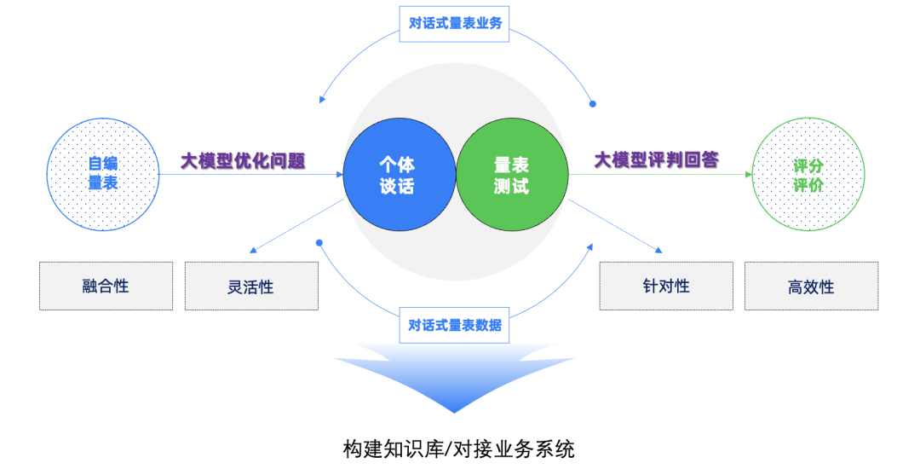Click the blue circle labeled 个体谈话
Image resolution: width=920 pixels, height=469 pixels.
coord(399,175)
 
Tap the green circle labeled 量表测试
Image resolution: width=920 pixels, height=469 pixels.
coord(511,175)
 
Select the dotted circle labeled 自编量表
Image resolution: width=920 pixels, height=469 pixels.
coord(103,174)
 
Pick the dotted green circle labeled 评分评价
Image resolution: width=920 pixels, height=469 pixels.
coord(808,174)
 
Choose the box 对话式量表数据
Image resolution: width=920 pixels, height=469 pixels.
coord(455,325)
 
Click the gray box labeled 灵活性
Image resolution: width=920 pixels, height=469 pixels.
coord(251,286)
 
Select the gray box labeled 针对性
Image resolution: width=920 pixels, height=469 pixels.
coord(666,286)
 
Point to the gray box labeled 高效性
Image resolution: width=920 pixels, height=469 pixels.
coord(811,286)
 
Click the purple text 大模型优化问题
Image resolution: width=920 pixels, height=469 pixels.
coord(243,159)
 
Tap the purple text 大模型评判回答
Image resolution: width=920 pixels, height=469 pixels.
coord(656,159)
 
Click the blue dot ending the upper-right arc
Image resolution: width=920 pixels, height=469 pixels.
coord(593,104)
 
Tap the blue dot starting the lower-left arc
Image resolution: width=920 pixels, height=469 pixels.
coord(319,243)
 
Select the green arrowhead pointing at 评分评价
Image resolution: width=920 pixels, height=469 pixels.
coord(749,174)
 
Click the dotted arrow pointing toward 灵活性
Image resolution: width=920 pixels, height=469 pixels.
coord(294,227)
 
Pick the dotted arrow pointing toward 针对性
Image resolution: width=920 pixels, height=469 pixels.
coord(618,227)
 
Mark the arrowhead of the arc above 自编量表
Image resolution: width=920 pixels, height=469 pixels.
coord(323,100)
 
